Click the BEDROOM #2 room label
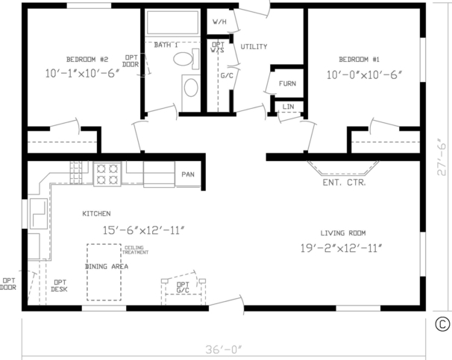pos(88,60)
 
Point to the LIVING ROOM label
pos(343,233)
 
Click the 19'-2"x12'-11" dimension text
pos(342,247)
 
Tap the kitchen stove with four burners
pos(107,174)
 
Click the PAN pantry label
pos(187,174)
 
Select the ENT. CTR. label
pos(343,182)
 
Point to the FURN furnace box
pos(288,83)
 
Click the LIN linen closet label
pos(288,107)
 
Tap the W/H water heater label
pos(219,21)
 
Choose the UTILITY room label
pos(254,47)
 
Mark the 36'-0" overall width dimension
pos(225,348)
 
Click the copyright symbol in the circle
pos(442,323)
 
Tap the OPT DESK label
pos(60,285)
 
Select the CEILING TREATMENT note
pos(136,250)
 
